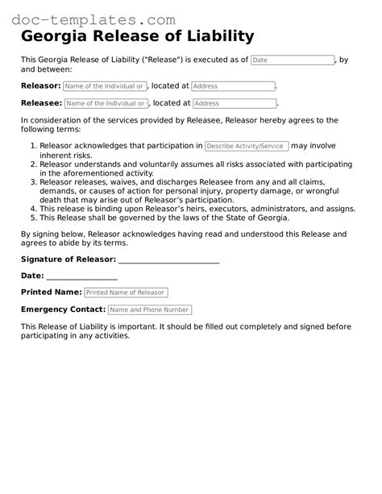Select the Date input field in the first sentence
[293, 60]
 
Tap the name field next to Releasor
[105, 86]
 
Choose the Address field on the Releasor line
[233, 86]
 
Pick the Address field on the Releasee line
[235, 103]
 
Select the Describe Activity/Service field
[246, 146]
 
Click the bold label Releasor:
[40, 85]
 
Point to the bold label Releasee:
[41, 103]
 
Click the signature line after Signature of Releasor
[168, 259]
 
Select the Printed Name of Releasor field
[126, 293]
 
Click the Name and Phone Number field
[149, 309]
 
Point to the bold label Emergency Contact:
[63, 309]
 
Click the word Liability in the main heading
[217, 36]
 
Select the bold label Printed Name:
[51, 293]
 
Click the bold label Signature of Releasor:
[69, 259]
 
